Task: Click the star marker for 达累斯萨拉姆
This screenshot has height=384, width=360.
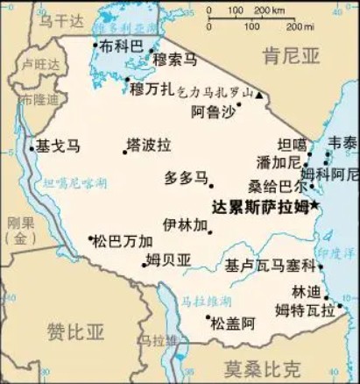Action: pos(315,205)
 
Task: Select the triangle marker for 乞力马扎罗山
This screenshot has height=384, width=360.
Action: pos(258,93)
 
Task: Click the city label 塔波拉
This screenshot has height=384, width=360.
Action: pos(149,144)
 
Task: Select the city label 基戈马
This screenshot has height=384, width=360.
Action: pos(57,146)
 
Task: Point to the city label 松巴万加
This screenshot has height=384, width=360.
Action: pos(123,240)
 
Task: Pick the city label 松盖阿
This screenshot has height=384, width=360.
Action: pos(232,323)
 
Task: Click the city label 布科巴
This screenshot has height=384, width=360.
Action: pos(121,46)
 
